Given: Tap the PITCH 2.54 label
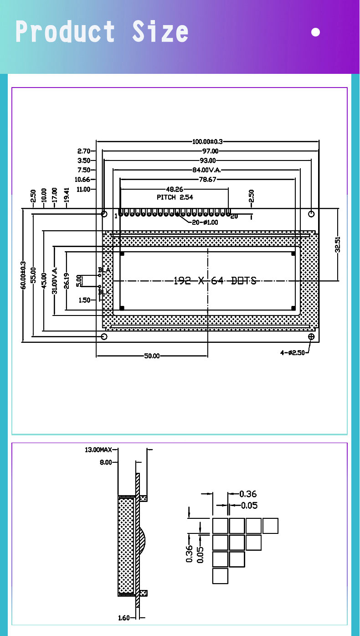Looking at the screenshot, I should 175,197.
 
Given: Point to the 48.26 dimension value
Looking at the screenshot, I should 174,189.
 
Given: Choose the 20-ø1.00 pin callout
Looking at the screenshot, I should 204,222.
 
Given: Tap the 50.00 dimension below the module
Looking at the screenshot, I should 152,356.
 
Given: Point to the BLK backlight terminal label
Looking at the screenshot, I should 104,292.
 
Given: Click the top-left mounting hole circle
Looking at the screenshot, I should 104,213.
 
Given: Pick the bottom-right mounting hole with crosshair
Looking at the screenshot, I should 311,336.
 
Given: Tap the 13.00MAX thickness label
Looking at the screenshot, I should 98,450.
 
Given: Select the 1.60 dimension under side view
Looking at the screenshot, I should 124,618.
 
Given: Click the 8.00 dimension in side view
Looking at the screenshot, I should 105,462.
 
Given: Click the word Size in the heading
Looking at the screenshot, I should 160,32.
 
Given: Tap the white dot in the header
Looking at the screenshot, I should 315,32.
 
